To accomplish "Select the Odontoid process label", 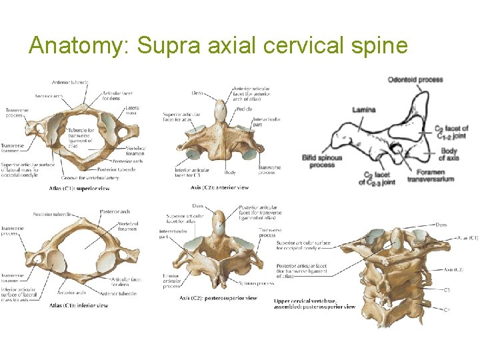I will tap(415, 80).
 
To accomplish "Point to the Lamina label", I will tap(364, 109).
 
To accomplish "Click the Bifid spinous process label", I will tap(322, 161).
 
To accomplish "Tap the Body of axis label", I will tap(448, 154).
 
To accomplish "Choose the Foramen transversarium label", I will tap(430, 175).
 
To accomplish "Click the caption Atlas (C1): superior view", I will tap(79, 188).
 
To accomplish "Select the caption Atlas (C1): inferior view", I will tap(78, 305).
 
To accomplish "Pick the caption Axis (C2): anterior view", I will tap(219, 187).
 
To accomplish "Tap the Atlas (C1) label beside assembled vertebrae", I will tap(467, 238).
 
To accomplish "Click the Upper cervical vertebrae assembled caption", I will tap(314, 304).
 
